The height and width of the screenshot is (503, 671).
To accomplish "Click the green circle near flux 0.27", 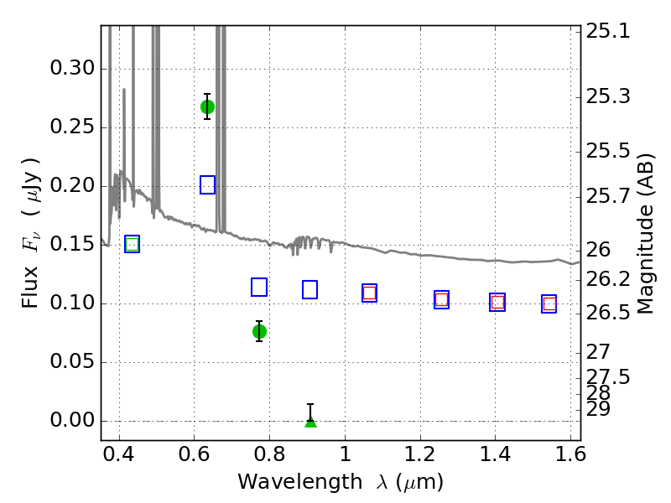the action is coord(207,106).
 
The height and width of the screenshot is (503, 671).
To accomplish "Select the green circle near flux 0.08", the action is coord(259,331).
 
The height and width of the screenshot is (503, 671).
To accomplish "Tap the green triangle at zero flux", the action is coord(310,422).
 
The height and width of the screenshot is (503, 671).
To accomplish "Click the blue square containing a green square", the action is coord(133,244).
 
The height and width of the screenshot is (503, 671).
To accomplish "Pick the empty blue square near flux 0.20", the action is coord(207,184).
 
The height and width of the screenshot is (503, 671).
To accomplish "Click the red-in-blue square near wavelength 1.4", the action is coord(497,302).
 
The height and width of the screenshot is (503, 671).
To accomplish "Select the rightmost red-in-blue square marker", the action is coord(549,303).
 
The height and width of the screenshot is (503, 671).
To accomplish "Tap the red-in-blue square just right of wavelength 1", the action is coord(369,293).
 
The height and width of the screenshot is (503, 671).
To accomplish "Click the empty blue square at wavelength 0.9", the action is coord(309,289).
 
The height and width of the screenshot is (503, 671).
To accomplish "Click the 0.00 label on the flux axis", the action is coord(72,420).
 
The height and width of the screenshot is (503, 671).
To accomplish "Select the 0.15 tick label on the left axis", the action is coord(72,244).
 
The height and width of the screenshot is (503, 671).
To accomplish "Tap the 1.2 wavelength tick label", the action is coord(420,454).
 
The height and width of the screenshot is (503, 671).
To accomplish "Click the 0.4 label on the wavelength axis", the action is coord(119,454).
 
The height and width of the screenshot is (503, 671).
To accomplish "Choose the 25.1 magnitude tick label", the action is coord(608,31).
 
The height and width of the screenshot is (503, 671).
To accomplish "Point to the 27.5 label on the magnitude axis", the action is coord(608,376).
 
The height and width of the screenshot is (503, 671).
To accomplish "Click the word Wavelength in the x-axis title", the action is coord(300,481).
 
